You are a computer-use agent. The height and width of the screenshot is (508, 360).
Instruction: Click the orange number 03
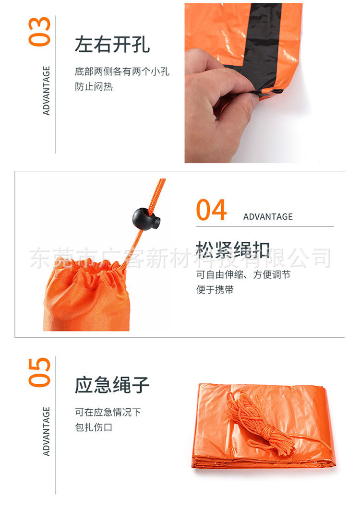[x=39, y=32]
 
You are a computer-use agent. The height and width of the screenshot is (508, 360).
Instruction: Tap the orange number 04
[x=211, y=210]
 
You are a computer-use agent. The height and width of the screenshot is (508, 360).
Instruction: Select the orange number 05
[x=39, y=372]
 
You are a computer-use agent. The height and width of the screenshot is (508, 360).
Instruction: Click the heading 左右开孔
[x=112, y=45]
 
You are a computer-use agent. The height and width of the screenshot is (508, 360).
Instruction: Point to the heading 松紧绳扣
[x=232, y=250]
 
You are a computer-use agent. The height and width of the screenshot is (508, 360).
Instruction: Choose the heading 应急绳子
[x=112, y=385]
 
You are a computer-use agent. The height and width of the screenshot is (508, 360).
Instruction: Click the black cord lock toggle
[x=146, y=219]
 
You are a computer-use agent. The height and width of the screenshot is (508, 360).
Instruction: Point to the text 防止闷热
[x=94, y=86]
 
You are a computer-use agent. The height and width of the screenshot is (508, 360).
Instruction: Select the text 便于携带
[x=215, y=289]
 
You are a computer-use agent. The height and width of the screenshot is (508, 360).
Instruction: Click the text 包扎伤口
[x=94, y=427]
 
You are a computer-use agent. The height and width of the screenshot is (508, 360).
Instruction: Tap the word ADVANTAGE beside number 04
[x=268, y=217]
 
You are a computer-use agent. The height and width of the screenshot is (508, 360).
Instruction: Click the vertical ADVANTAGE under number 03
[x=47, y=90]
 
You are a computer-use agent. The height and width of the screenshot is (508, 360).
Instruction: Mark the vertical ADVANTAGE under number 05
[x=47, y=431]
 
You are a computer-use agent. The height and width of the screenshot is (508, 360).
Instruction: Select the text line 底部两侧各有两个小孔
[x=122, y=71]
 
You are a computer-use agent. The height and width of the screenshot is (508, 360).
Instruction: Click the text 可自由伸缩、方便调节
[x=243, y=274]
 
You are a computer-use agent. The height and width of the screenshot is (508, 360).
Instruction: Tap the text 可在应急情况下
[x=108, y=412]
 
